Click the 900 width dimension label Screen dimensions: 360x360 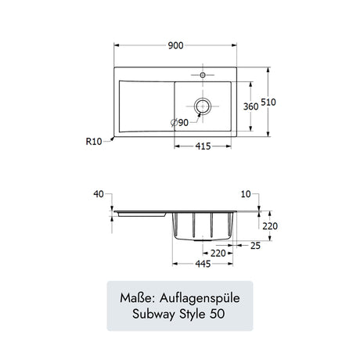[175, 45]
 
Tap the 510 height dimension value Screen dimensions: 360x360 [268, 102]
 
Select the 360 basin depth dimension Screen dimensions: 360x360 [250, 106]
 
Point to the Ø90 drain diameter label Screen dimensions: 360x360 [179, 122]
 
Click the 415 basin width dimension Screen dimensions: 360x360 [203, 146]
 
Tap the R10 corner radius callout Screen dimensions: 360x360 [94, 142]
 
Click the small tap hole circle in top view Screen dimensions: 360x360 [203, 75]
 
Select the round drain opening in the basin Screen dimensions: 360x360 [203, 106]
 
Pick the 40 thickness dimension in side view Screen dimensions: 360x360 [99, 194]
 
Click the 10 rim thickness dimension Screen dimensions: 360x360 [246, 194]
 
